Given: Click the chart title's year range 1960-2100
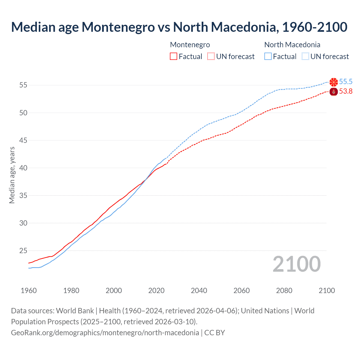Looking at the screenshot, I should point(314,27).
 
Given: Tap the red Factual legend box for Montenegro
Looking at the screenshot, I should point(174,57).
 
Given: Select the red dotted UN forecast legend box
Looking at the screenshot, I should point(211,57).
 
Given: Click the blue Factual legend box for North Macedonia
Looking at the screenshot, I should point(268,57).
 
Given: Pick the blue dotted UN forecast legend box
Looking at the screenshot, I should point(305,57).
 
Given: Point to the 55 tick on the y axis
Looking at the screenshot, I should point(23,85).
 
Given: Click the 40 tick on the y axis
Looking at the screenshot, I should point(23,168).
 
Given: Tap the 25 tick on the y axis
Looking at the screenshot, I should point(23,251).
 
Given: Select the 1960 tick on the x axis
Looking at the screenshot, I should point(29,291).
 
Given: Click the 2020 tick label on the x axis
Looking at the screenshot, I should point(156,291).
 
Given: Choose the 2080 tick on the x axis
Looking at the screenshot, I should point(284,291).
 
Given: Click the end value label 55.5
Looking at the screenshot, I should point(346,82).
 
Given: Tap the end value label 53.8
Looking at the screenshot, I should point(346,91).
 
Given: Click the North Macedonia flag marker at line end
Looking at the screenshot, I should point(334,82).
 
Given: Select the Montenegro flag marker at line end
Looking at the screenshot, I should point(334,91).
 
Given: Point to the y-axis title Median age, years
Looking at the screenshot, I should point(12,175).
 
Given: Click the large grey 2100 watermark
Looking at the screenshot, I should point(296,264).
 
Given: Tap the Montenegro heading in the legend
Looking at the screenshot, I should point(190,45).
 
